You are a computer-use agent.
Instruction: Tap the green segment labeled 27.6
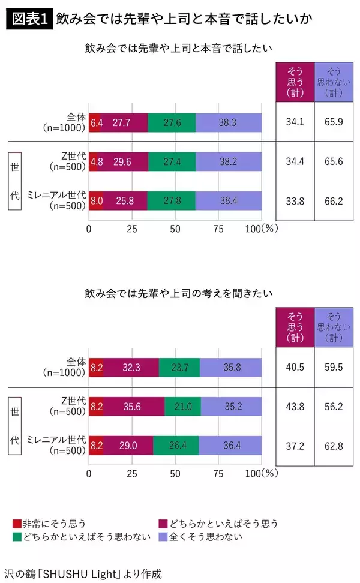(172, 122)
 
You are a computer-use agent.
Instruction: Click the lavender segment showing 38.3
(229, 122)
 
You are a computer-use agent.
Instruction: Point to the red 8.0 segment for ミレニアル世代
(96, 200)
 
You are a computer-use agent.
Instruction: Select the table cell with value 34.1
(294, 122)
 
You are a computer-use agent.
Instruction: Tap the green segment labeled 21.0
(182, 407)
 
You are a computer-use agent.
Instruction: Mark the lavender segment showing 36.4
(230, 446)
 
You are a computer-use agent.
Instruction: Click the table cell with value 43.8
(294, 407)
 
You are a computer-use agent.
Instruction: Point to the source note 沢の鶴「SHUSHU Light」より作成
(82, 572)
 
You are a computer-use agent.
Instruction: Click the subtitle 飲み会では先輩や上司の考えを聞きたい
(178, 294)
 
